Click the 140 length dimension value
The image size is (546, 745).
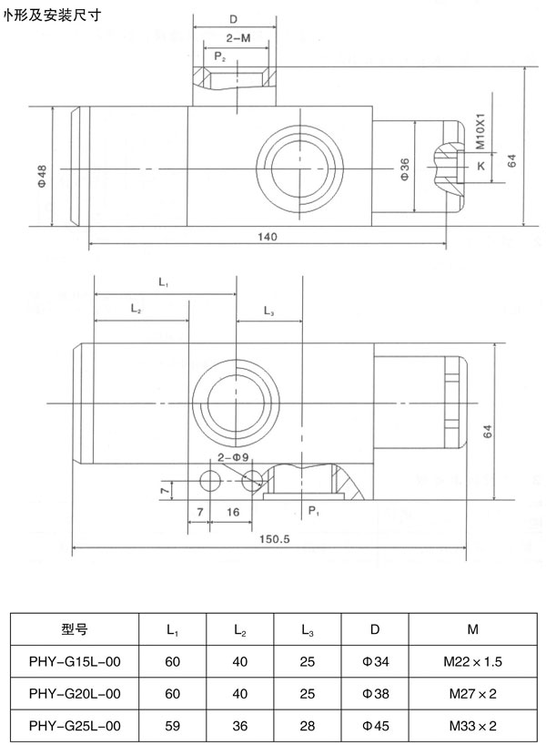tap(267, 237)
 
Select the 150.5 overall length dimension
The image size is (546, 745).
tap(272, 539)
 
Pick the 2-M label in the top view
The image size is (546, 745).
tap(239, 39)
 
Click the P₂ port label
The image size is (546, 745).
tap(219, 56)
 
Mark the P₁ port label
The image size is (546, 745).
tap(312, 511)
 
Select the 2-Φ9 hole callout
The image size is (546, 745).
tap(234, 456)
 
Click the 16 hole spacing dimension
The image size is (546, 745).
tap(233, 512)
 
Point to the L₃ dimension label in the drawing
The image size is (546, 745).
tap(269, 311)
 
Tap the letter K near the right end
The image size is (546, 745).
tap(480, 166)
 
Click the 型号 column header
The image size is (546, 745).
tap(75, 628)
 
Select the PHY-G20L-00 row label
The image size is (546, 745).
tap(75, 693)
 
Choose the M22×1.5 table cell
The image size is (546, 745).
tap(473, 661)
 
